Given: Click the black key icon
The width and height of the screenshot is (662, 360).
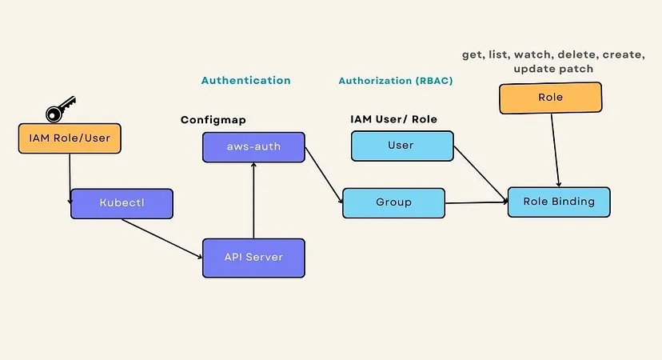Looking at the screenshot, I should click(60, 108).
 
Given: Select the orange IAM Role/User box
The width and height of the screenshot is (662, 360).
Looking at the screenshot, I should click(70, 138).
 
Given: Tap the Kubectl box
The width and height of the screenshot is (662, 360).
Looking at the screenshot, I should click(122, 203).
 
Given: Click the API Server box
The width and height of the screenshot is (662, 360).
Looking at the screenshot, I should click(253, 258).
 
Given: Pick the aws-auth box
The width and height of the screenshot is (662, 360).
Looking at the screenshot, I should click(253, 147).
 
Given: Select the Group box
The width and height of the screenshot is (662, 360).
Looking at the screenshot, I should click(393, 202).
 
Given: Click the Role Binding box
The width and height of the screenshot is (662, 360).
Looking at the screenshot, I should click(559, 202).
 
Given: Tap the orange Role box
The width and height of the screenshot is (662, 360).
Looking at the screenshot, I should click(550, 98).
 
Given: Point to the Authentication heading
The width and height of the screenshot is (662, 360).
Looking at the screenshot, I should click(245, 81).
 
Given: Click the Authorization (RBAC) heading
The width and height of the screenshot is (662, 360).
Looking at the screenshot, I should click(396, 81).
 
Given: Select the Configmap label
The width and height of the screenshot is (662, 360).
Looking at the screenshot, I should click(213, 119).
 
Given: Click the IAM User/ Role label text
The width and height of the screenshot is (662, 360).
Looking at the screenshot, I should click(393, 119).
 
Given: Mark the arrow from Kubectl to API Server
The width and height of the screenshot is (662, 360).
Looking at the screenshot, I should click(162, 238).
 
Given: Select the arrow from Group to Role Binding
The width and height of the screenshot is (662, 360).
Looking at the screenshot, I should click(476, 202).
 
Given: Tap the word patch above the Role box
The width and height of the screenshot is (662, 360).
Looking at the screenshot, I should click(576, 69).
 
